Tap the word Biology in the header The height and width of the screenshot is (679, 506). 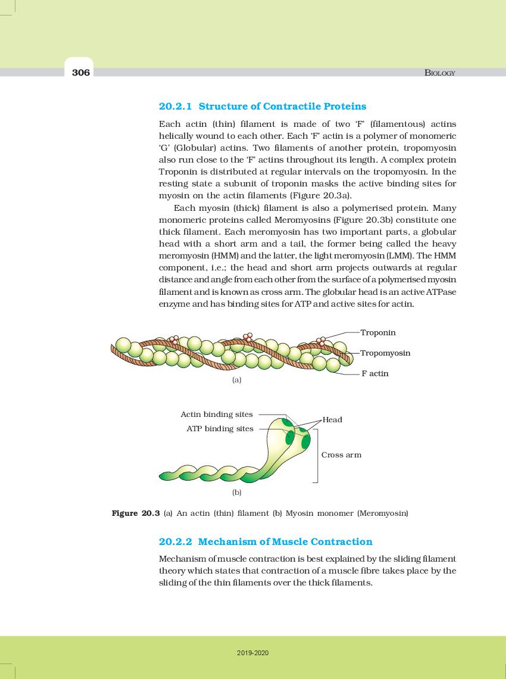(x=439, y=73)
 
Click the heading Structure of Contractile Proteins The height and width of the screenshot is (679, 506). (x=282, y=107)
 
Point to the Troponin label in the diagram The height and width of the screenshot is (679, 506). (x=378, y=332)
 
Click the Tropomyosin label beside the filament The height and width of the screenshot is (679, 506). (x=385, y=353)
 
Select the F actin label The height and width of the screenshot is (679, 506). (x=375, y=373)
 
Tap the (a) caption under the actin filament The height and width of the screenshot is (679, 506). (x=236, y=379)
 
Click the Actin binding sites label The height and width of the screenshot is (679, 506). (x=217, y=414)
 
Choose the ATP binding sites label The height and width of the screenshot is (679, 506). (x=220, y=428)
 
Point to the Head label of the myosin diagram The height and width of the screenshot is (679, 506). (x=332, y=420)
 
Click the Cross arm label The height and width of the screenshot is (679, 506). (x=341, y=454)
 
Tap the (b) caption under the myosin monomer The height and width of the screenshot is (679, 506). (x=236, y=493)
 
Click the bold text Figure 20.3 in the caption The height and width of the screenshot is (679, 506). (x=136, y=513)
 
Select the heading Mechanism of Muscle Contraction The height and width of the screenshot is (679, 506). (x=285, y=542)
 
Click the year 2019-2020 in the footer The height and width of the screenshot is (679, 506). (x=253, y=653)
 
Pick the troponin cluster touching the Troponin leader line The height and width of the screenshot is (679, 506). (x=321, y=341)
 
